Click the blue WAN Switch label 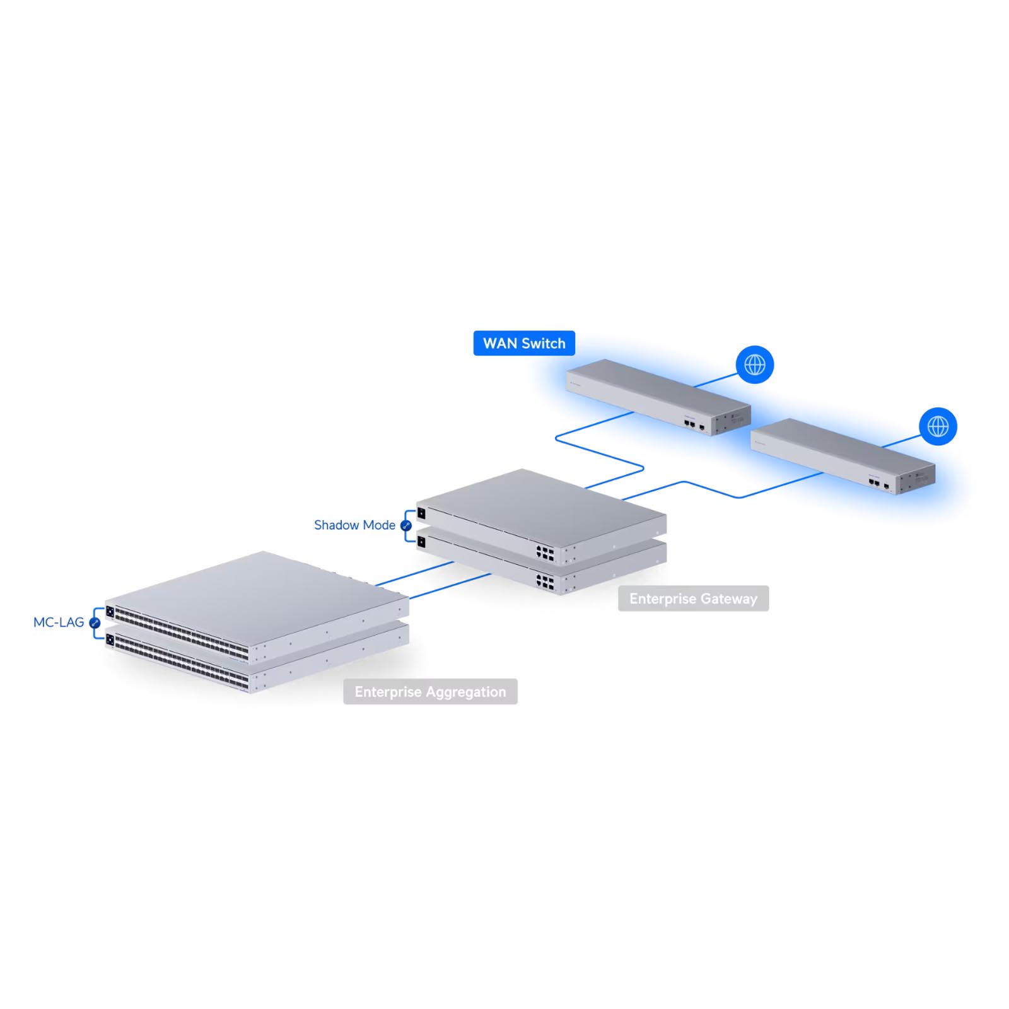[524, 343]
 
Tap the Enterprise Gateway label [693, 598]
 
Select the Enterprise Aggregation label [430, 692]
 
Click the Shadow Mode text [354, 525]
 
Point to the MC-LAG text [59, 622]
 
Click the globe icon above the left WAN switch [755, 365]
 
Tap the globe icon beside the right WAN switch [938, 426]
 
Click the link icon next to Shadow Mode [406, 525]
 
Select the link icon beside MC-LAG [95, 623]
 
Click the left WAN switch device [658, 397]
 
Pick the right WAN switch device [843, 456]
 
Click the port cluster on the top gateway [545, 554]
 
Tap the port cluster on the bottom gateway [545, 582]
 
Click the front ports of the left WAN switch [695, 425]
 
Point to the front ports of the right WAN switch [879, 484]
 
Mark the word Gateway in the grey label [729, 599]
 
